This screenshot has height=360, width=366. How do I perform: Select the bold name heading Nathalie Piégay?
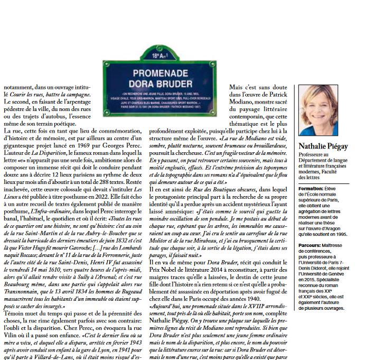[323, 145]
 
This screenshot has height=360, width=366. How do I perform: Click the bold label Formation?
[311, 188]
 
